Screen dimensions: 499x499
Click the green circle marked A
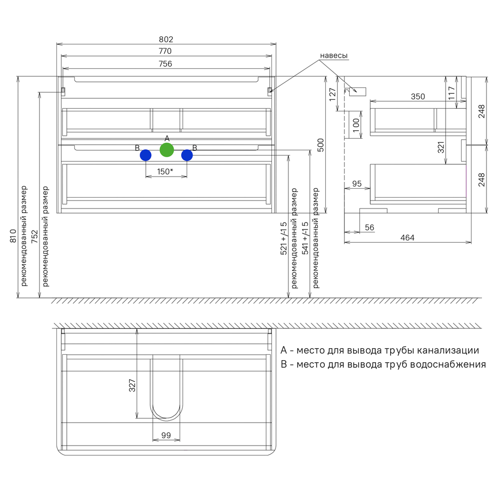coord(167,150)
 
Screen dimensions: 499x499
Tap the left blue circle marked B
coord(146,155)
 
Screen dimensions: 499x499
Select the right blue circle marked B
coord(187,155)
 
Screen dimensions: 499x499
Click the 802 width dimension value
coord(166,39)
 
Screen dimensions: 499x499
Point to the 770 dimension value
coord(165,51)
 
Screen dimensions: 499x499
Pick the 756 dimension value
coord(165,64)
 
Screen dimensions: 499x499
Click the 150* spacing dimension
coord(165,172)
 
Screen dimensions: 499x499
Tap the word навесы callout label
coord(334,55)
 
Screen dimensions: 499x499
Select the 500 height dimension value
coord(321,145)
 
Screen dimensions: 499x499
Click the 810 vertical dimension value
coord(13,236)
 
